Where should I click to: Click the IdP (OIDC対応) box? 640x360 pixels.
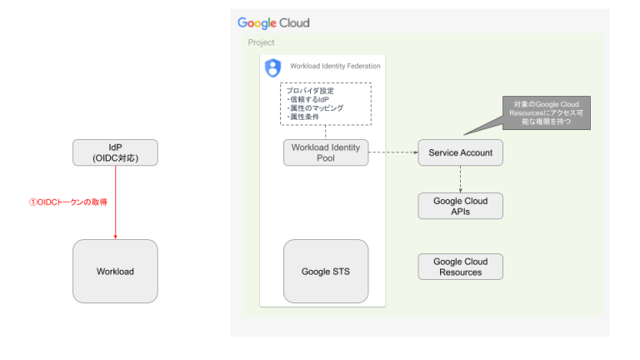point(115,152)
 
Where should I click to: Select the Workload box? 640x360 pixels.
point(115,271)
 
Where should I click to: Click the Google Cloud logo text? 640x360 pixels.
point(273,22)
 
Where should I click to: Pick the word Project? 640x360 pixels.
point(261,42)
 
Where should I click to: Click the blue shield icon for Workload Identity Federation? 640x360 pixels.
point(272,67)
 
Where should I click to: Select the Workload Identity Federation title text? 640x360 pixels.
point(335,66)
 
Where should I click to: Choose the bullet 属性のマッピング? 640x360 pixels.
point(314,108)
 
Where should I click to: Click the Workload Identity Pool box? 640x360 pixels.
point(325,152)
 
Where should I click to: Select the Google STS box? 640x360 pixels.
point(325,271)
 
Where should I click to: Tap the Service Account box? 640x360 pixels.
point(460,152)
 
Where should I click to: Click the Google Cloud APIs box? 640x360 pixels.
point(460,206)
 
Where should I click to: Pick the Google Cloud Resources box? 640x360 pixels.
point(460,267)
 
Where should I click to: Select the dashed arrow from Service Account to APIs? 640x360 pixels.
point(460,178)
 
